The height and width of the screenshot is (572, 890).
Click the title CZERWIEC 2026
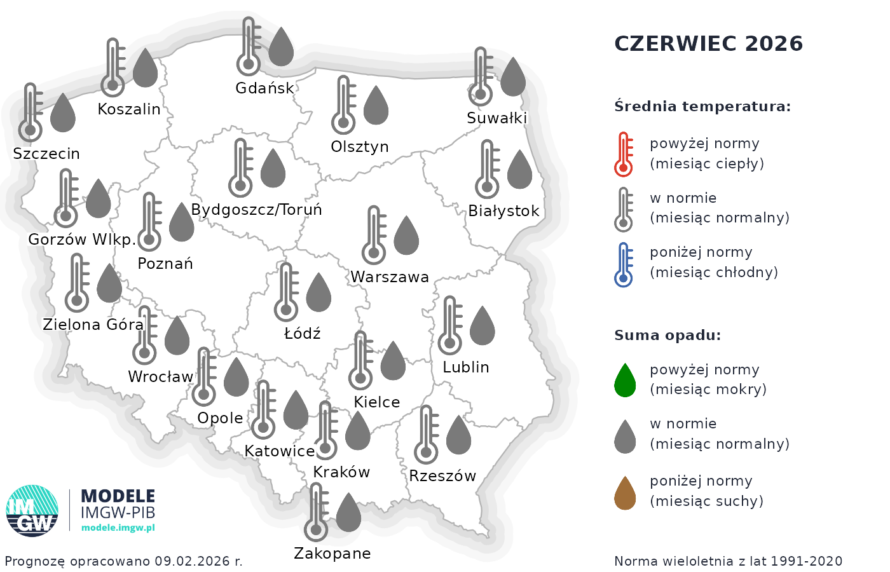(708, 44)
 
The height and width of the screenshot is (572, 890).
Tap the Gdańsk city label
(264, 88)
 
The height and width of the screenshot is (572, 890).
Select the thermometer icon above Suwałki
(481, 76)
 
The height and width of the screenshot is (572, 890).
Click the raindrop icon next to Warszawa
(406, 235)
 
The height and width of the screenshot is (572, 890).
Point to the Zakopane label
(332, 554)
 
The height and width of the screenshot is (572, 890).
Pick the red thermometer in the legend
(624, 154)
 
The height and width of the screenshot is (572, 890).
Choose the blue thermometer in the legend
(624, 264)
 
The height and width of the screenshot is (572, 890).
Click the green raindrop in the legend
(625, 381)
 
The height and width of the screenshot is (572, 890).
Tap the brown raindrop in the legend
(625, 493)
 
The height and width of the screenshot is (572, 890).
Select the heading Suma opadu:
(667, 336)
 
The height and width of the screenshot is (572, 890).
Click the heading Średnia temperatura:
(702, 106)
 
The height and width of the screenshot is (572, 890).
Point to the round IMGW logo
(32, 511)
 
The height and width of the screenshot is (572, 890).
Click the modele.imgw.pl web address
(118, 528)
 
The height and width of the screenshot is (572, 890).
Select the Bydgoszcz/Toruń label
(256, 210)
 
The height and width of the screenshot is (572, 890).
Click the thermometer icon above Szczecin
(31, 112)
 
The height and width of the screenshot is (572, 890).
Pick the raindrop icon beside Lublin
(482, 326)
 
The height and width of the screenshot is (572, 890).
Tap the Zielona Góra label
(93, 325)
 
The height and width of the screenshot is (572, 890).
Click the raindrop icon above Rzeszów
(458, 435)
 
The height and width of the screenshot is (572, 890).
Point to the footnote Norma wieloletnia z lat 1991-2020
(728, 561)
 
